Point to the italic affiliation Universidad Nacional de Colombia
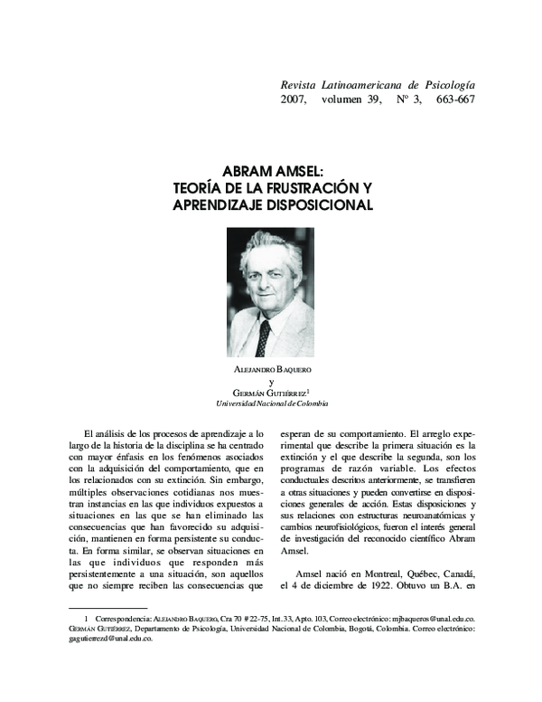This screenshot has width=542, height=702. pos(271,403)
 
